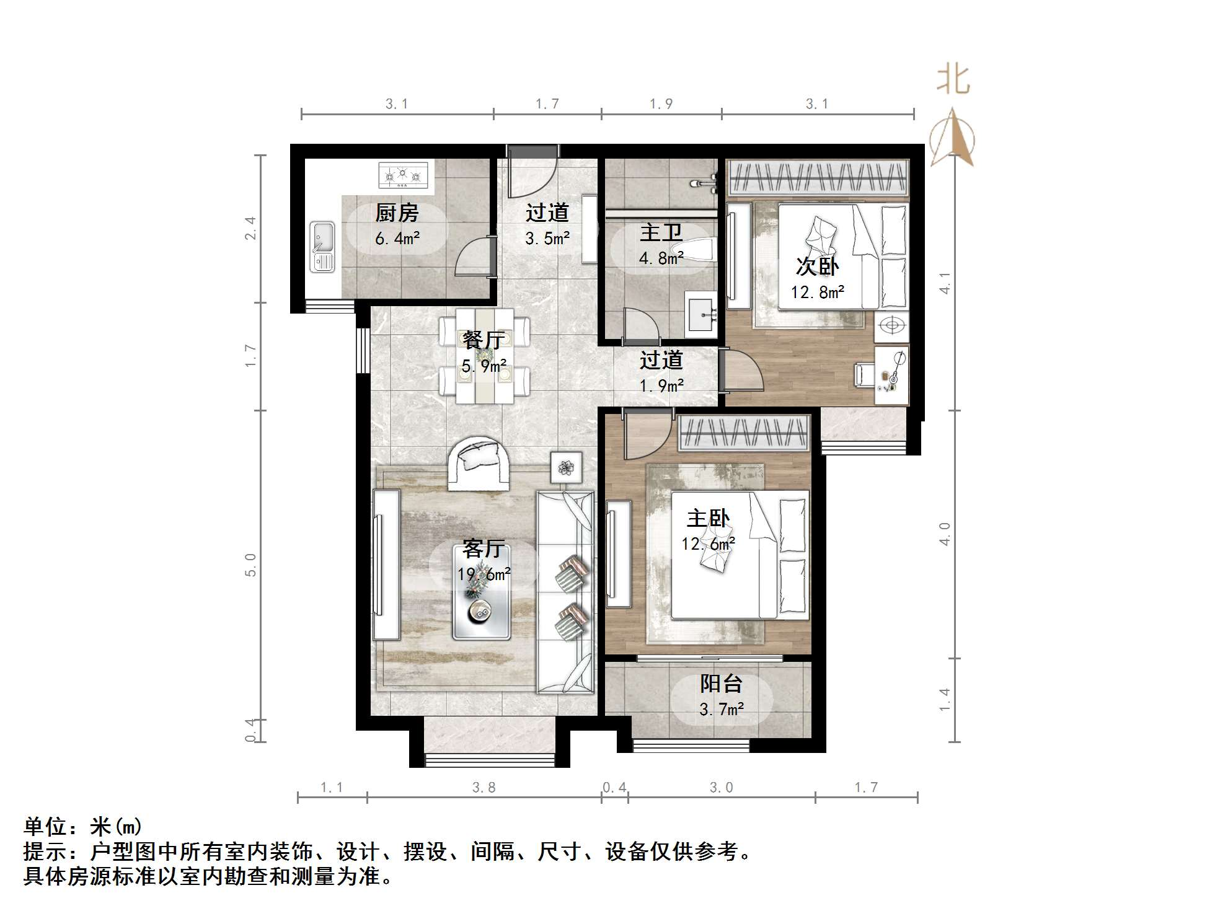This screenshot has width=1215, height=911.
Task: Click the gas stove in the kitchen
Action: pos(404,175)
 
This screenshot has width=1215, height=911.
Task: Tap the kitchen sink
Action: pos(322,247)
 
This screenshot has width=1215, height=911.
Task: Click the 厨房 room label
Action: pos(397,213)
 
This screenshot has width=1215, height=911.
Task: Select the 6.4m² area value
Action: pos(397,238)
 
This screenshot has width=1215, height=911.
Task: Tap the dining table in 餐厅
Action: pos(485,356)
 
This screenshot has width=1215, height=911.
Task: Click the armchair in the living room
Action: pos(479,463)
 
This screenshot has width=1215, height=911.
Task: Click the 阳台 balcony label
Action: pos(721,684)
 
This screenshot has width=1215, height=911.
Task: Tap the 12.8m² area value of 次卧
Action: pos(817,292)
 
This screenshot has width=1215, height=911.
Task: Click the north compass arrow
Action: pos(952,138)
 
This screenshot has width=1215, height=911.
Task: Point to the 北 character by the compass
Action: pos(953,80)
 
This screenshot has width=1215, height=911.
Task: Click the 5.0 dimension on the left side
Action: pos(250,565)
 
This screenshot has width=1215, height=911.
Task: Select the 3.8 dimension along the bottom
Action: pos(484,787)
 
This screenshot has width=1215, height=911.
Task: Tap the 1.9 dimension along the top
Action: pos(661,103)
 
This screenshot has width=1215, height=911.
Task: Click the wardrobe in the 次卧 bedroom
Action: pos(818,177)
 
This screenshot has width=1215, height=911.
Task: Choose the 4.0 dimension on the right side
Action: pos(945,534)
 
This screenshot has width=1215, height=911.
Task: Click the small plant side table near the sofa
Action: pos(566,467)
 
